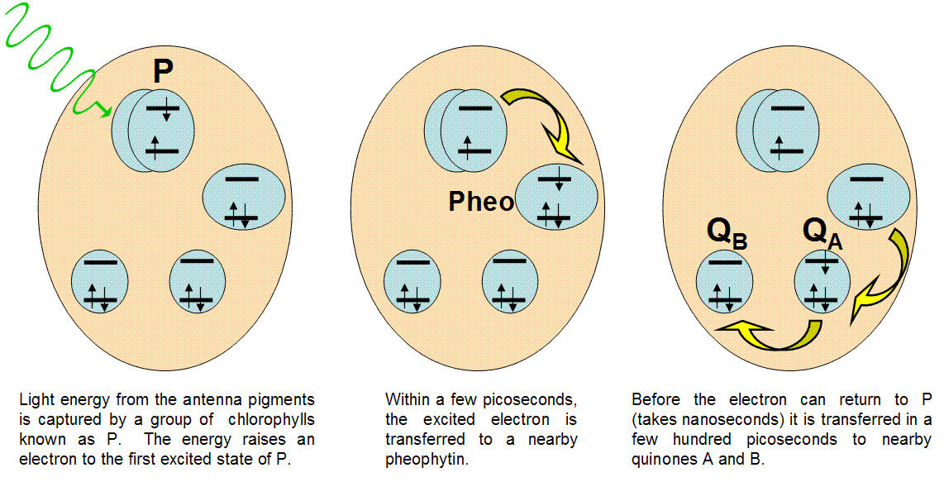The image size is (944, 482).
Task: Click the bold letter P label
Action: (x=163, y=72)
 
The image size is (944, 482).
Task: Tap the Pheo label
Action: (x=481, y=202)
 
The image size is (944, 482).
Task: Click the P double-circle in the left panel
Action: (x=154, y=131)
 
